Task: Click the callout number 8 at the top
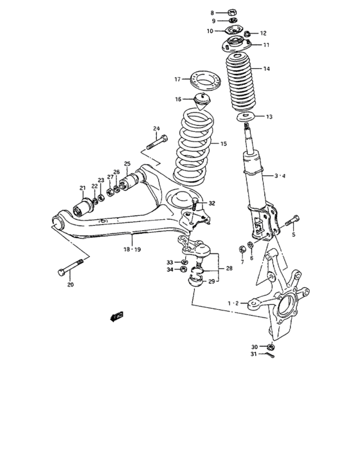point(213,12)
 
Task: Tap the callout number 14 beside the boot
point(267,69)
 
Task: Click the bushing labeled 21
point(83,208)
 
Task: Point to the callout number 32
point(212,203)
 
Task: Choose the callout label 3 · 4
point(280,175)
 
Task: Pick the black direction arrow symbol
point(117,316)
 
